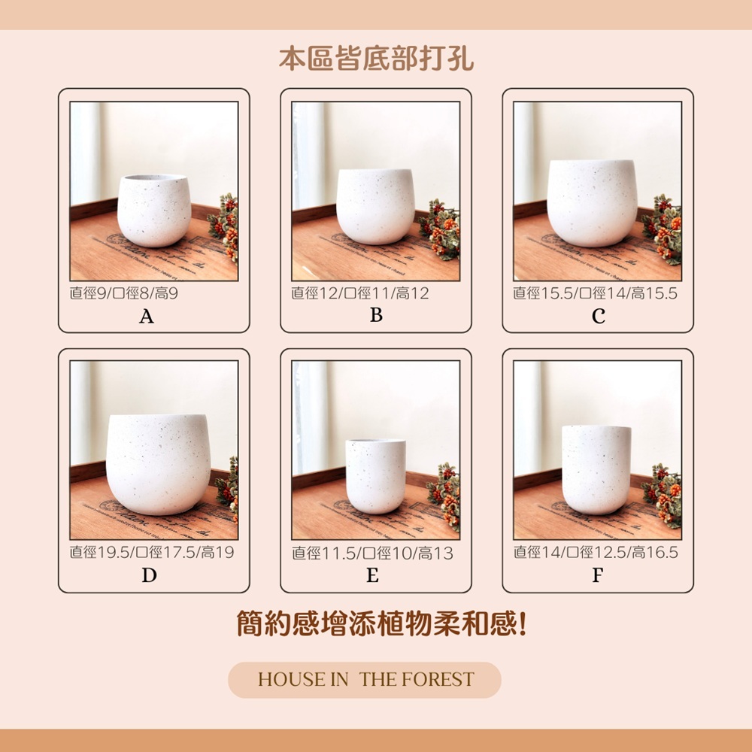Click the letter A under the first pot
click(x=147, y=317)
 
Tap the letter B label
click(x=377, y=315)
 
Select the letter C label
click(x=598, y=316)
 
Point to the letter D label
click(x=149, y=575)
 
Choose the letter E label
click(x=373, y=575)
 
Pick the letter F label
click(x=597, y=575)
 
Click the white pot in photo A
click(x=154, y=211)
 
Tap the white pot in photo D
click(x=158, y=465)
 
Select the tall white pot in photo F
click(x=596, y=470)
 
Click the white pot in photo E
click(x=375, y=476)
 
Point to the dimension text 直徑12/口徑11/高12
click(x=360, y=293)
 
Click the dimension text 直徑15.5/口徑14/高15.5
click(x=595, y=293)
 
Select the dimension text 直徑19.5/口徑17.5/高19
click(x=152, y=553)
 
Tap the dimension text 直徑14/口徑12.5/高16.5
click(x=596, y=553)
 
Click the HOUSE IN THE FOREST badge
click(x=365, y=680)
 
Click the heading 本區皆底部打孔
click(x=377, y=59)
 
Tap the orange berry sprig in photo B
click(x=440, y=229)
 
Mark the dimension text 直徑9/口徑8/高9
click(x=124, y=293)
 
